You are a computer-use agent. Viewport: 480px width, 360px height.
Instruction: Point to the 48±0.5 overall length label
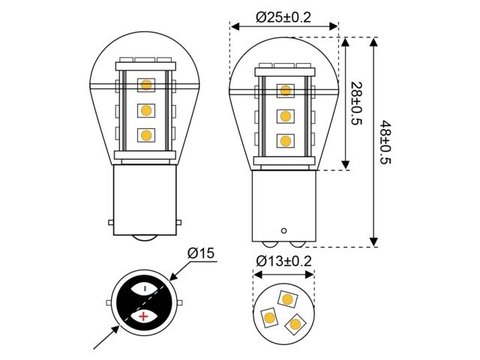[385, 142]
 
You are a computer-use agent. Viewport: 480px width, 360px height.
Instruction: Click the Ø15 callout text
[202, 254]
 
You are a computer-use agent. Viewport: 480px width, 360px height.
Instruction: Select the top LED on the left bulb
[145, 84]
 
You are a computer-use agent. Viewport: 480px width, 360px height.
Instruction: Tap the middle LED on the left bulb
[145, 110]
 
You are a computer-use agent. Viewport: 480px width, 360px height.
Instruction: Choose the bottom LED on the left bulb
[145, 136]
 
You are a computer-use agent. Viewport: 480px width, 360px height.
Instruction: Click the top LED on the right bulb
[285, 91]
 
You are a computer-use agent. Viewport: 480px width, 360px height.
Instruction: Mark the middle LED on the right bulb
[285, 116]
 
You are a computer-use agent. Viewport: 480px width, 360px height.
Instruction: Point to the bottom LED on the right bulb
[285, 141]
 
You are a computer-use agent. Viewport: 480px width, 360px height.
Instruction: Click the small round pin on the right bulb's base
[283, 229]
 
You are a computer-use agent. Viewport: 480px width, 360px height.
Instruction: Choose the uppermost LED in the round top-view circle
[286, 298]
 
